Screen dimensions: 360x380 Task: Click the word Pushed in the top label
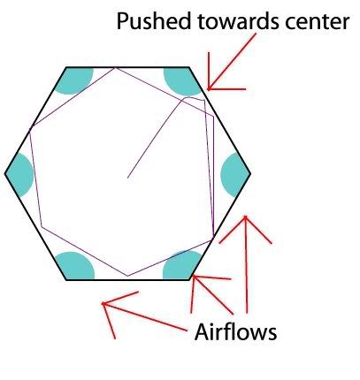click(x=154, y=21)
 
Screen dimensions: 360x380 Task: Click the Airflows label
click(x=235, y=331)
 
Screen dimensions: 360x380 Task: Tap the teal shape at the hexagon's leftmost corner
click(x=19, y=175)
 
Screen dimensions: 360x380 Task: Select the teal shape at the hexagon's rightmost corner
click(x=235, y=175)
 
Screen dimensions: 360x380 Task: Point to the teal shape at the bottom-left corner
click(x=75, y=266)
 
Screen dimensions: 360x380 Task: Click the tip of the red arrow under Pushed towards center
click(x=208, y=89)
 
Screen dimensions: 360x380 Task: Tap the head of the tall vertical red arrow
click(x=245, y=217)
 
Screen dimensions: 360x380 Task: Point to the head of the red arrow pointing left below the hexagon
click(x=103, y=303)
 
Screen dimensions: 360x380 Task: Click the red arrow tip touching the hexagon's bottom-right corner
click(x=193, y=276)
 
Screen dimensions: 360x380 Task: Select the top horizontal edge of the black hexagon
click(x=127, y=67)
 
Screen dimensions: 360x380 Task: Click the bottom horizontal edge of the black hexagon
click(x=127, y=279)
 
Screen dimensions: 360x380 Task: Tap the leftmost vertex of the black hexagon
click(x=5, y=173)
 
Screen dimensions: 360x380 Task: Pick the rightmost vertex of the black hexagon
click(x=250, y=173)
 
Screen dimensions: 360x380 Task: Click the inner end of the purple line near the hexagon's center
click(x=127, y=178)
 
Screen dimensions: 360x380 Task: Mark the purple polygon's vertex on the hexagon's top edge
click(x=115, y=68)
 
